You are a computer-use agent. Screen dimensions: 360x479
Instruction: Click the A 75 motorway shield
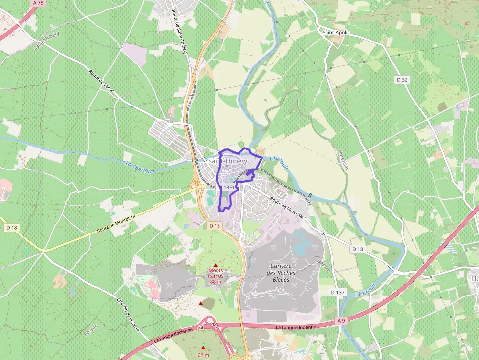pyautogui.click(x=37, y=3)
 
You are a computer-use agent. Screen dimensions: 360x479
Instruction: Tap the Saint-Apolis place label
pyautogui.click(x=336, y=32)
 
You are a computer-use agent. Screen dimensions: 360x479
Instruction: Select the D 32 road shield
pyautogui.click(x=402, y=79)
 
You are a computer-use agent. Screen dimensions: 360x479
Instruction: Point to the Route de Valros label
pyautogui.click(x=102, y=81)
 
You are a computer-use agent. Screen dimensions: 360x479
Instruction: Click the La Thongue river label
pyautogui.click(x=140, y=168)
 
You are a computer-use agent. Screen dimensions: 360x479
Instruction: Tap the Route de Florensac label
pyautogui.click(x=287, y=207)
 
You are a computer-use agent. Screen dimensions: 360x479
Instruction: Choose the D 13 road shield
pyautogui.click(x=215, y=226)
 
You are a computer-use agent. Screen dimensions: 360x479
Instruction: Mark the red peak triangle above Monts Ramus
pyautogui.click(x=215, y=265)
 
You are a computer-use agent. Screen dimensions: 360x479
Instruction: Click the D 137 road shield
pyautogui.click(x=337, y=292)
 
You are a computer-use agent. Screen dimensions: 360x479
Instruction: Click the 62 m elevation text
pyautogui.click(x=203, y=355)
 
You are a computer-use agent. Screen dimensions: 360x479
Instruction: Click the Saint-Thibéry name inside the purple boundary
pyautogui.click(x=228, y=161)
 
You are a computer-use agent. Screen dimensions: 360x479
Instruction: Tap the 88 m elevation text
pyautogui.click(x=216, y=282)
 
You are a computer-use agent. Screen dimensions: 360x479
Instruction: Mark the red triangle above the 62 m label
pyautogui.click(x=203, y=348)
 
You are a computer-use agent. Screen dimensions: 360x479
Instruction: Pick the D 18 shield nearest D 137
pyautogui.click(x=358, y=249)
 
